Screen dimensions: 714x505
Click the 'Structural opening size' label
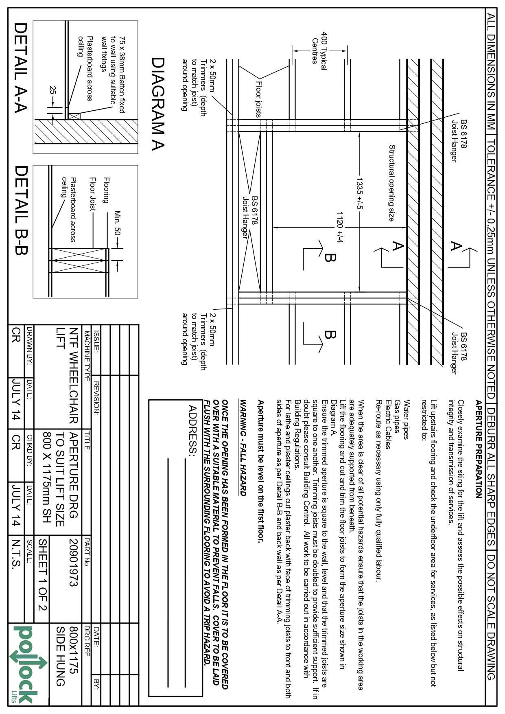(391, 183)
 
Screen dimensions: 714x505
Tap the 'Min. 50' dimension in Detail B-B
(118, 223)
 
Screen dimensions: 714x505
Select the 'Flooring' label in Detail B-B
(106, 190)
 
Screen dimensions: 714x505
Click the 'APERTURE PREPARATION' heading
(479, 449)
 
